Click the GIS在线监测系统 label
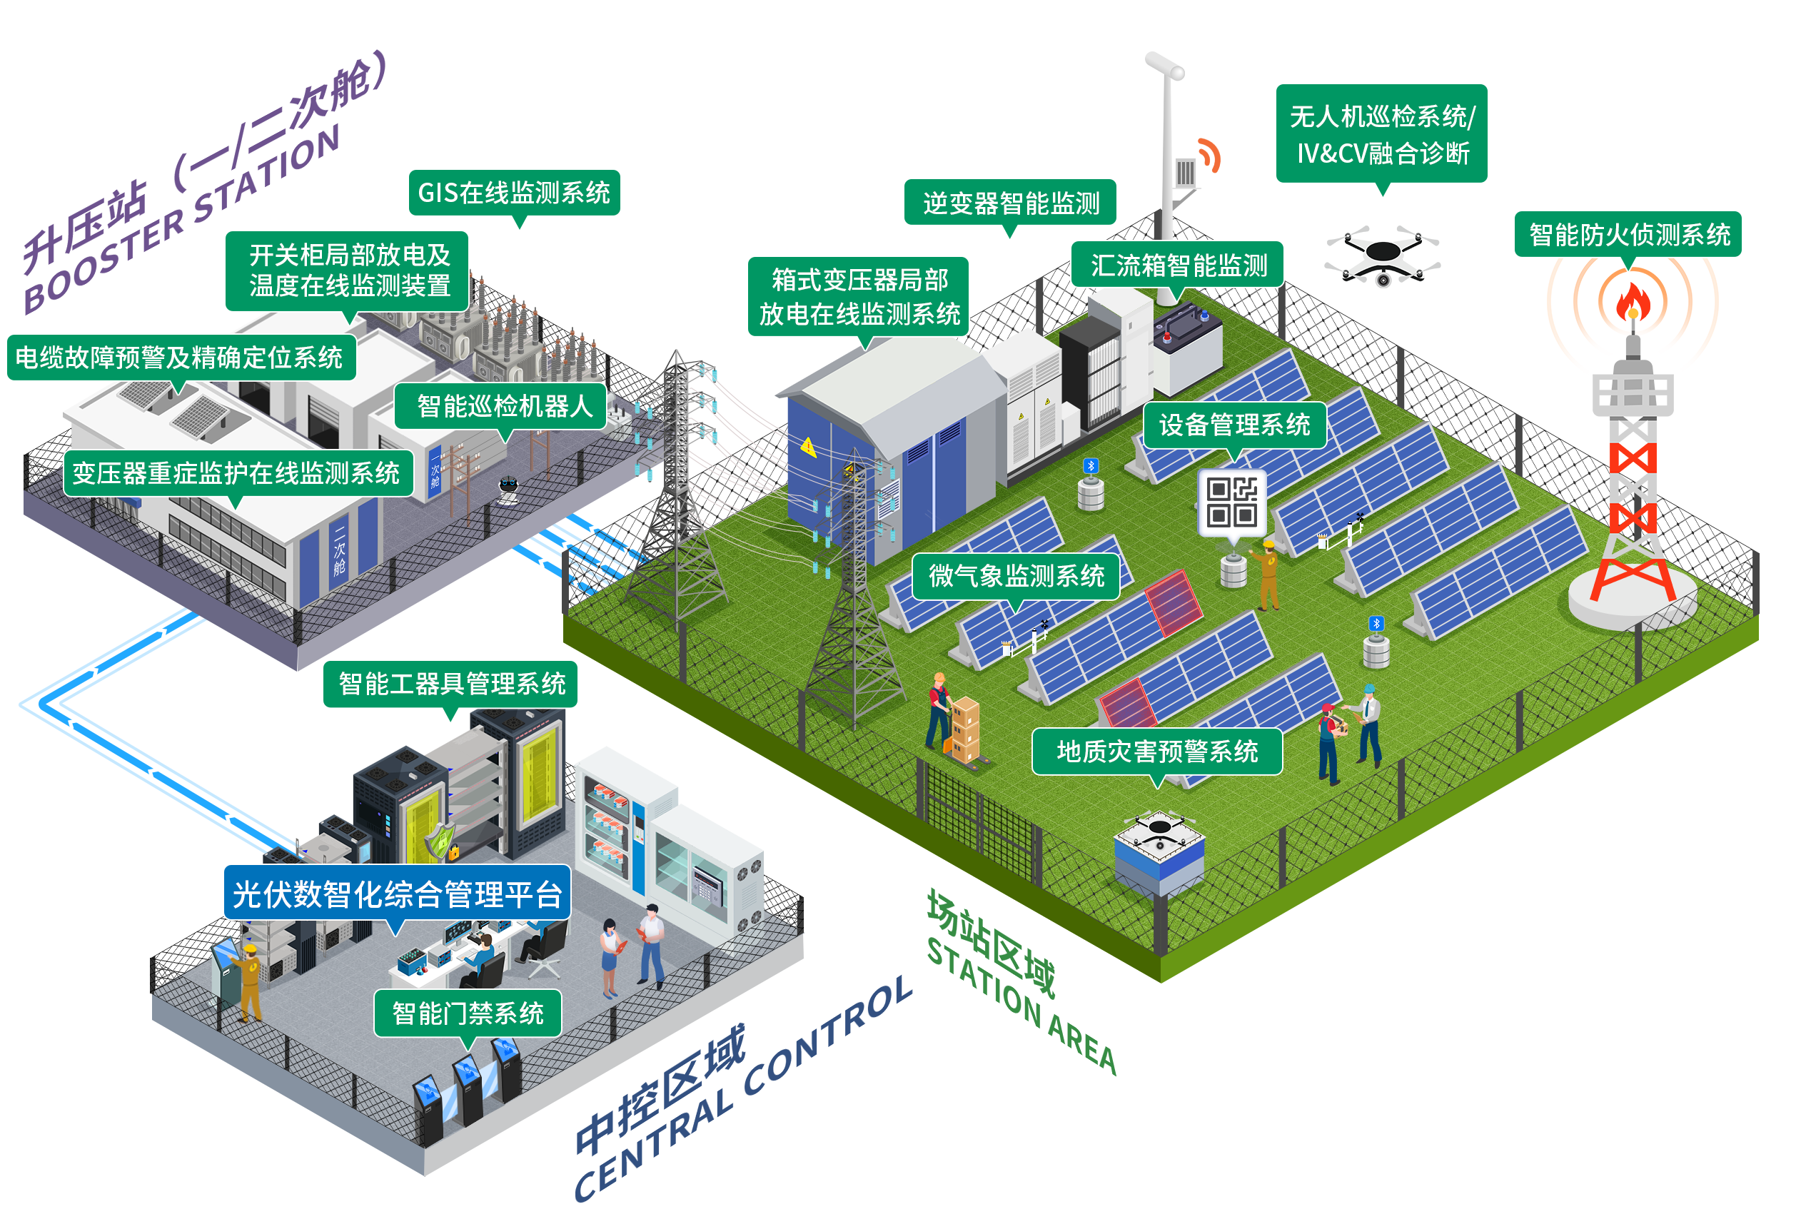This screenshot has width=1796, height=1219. coord(514,193)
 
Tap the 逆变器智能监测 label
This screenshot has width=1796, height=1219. coord(1011,204)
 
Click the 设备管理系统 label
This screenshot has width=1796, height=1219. coord(1234,425)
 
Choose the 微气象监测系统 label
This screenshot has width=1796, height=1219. coord(1016,576)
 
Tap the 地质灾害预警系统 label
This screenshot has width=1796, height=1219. coord(1157,752)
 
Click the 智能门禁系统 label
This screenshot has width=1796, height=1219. coord(468,1013)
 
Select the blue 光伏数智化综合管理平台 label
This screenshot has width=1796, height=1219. coord(396,894)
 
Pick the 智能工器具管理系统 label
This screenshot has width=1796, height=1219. coord(451,684)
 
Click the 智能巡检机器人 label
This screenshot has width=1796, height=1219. coord(503,406)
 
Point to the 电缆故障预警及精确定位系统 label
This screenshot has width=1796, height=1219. coord(179,358)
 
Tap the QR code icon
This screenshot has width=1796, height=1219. coord(1232,502)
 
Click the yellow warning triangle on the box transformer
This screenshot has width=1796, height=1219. coord(808,447)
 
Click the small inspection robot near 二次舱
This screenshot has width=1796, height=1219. coord(508,489)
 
